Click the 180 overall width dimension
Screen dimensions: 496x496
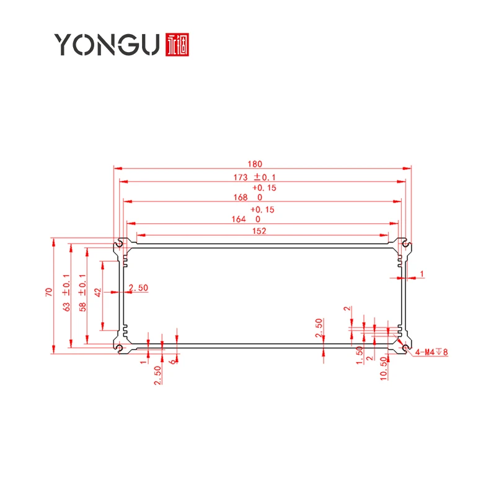255,164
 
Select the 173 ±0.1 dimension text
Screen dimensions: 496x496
254,177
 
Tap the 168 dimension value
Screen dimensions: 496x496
241,197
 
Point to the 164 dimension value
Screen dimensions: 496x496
239,219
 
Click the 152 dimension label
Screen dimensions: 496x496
259,231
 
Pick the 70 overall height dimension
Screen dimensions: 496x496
49,292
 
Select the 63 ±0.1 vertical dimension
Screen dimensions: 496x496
66,293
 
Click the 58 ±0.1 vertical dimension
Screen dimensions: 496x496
82,293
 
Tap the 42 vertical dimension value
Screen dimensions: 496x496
98,292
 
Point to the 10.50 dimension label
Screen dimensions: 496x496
384,368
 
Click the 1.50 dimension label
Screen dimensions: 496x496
360,355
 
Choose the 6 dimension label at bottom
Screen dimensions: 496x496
173,361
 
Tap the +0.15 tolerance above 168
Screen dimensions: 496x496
264,188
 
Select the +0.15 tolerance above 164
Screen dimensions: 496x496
262,210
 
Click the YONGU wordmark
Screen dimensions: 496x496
107,45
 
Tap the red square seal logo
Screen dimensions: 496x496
177,45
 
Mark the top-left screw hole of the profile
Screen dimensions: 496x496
119,244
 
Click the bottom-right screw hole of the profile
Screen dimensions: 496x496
406,348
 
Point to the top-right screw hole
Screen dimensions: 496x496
406,244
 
